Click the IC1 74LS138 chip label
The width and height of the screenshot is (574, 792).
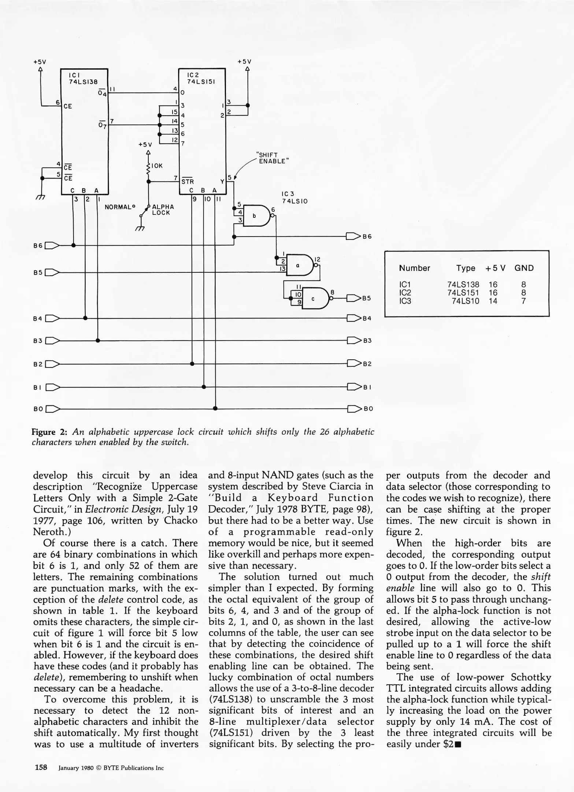[84, 79]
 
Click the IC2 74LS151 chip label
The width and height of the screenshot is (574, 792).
[201, 78]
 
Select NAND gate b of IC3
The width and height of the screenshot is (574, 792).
[255, 216]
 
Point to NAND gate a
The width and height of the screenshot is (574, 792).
[299, 265]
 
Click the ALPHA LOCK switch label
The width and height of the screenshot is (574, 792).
[163, 210]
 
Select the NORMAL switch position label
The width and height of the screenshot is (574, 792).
[119, 207]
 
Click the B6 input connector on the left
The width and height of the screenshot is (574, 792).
[52, 245]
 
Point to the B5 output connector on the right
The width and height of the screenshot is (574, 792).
[353, 298]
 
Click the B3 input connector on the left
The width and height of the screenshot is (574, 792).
[52, 341]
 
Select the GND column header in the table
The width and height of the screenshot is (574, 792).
[524, 268]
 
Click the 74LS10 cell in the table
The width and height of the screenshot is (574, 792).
[465, 301]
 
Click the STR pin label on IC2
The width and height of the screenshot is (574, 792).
[188, 181]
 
